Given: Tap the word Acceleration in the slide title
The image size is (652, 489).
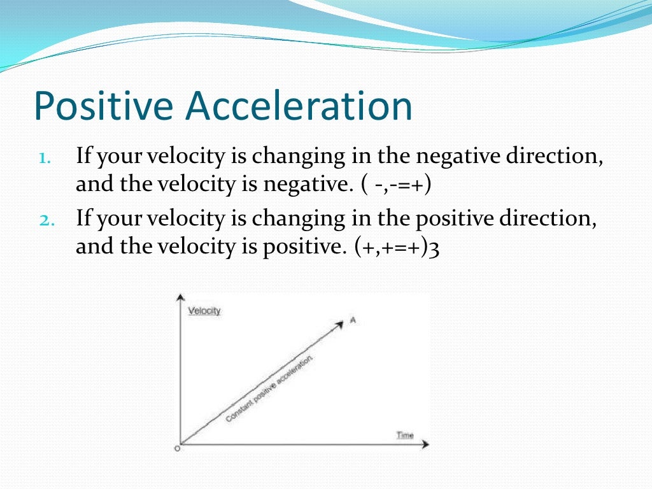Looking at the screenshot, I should tap(299, 107).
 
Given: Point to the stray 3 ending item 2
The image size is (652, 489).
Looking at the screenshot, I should tap(435, 248).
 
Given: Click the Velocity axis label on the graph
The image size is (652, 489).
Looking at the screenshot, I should tap(204, 311).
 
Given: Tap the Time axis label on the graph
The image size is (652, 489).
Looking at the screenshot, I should tap(405, 436).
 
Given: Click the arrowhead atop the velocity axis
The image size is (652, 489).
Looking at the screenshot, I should tap(181, 298).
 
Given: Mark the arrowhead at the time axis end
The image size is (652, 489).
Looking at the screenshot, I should tap(425, 443).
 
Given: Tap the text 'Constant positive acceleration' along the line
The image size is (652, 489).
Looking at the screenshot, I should tap(270, 389).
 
